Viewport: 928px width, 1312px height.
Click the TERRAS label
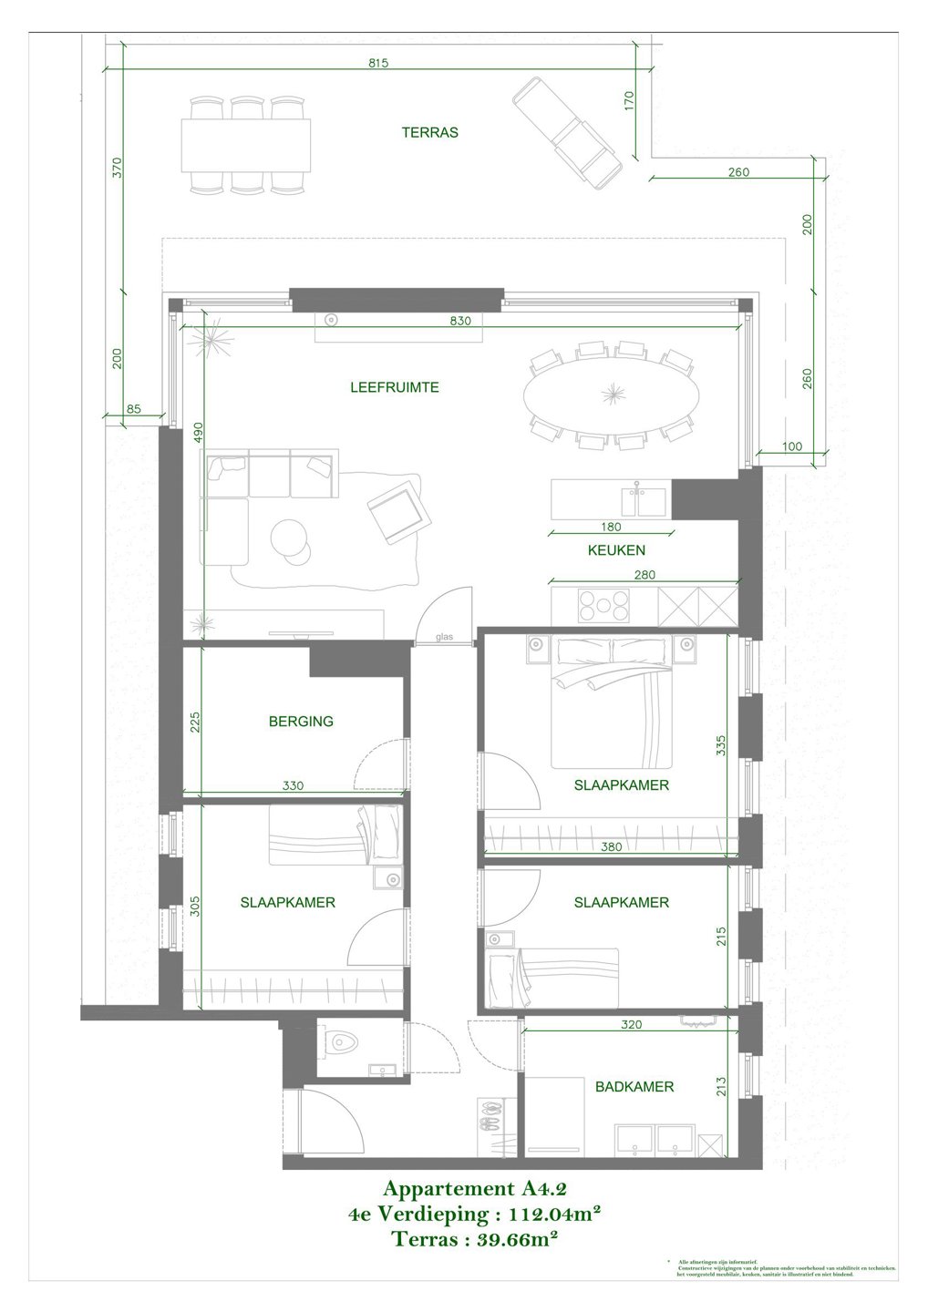click(x=429, y=132)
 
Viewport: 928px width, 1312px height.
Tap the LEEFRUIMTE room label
click(x=394, y=387)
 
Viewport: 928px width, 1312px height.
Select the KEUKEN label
click(x=615, y=550)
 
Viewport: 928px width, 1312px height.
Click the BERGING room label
click(x=301, y=721)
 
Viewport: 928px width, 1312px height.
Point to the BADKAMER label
click(x=634, y=1086)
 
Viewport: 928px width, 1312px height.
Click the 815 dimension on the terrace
click(x=378, y=63)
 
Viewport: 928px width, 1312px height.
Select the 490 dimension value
click(x=197, y=433)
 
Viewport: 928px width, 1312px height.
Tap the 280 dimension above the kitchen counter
click(x=644, y=575)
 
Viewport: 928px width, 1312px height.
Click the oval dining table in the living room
click(x=612, y=395)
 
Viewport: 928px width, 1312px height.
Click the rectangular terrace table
click(x=245, y=144)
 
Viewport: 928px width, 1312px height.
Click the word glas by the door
click(x=444, y=637)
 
